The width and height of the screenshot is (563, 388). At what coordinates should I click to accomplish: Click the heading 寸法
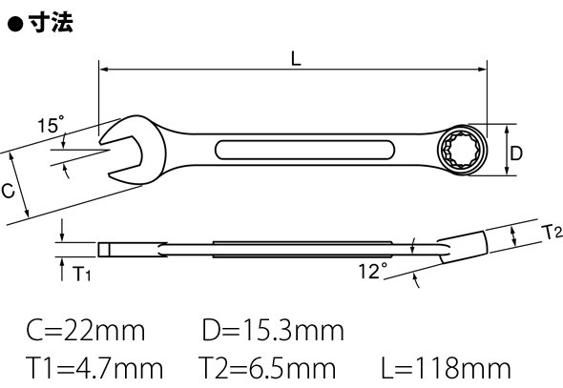point(51,23)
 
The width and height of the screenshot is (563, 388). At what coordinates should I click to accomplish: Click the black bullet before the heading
point(15,24)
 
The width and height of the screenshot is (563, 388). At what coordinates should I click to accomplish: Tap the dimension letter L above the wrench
point(296,58)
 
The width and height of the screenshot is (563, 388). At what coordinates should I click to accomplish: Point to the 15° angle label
point(51,125)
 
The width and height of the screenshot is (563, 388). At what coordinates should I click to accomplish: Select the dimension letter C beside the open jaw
point(8,190)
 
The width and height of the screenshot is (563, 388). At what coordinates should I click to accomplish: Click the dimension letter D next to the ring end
point(516,153)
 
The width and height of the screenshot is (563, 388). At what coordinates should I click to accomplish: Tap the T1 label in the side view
point(81,274)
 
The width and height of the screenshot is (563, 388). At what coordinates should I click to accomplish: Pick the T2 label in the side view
point(552,232)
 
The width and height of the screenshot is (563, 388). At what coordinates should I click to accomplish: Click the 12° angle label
point(373,271)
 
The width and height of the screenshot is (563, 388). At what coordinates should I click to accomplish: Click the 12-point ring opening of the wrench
point(462,151)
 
